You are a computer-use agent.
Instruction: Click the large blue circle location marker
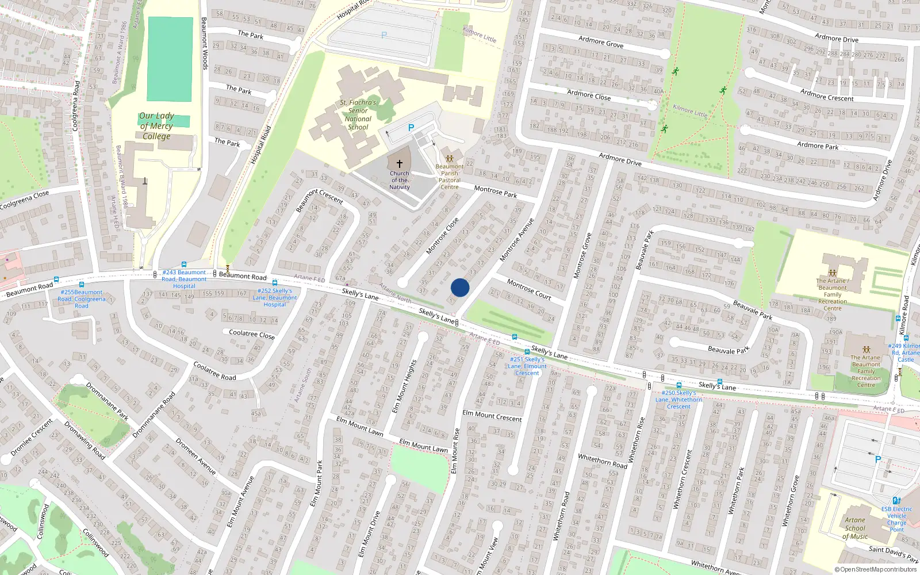tap(460, 287)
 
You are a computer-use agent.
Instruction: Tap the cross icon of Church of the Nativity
tap(400, 164)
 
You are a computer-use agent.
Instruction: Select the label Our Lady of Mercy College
tap(156, 126)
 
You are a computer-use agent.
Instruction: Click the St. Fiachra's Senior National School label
tap(358, 115)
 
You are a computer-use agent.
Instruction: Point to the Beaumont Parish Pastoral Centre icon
tap(450, 158)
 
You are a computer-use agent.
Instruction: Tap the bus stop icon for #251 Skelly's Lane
tap(527, 352)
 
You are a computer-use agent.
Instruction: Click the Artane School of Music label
tap(855, 528)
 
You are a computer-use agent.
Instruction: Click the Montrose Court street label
tap(529, 289)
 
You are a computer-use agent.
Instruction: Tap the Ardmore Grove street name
tap(601, 42)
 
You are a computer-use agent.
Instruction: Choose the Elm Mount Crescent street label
tap(492, 416)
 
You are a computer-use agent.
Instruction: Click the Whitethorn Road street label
tap(603, 461)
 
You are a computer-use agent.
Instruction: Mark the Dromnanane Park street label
tap(107, 401)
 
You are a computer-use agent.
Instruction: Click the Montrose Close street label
tap(442, 236)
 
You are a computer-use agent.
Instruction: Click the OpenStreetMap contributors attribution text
tap(876, 570)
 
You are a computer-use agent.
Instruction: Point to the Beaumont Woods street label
tap(204, 43)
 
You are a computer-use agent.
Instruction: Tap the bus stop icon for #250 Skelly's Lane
tap(679, 385)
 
